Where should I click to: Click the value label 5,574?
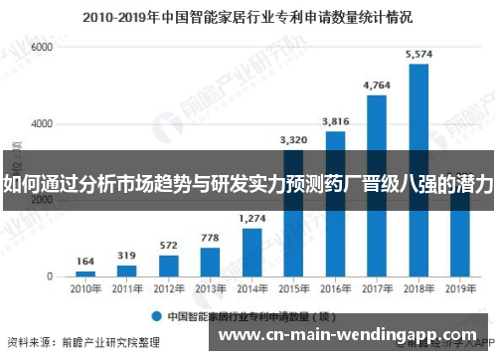click(418, 54)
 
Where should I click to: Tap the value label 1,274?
click(252, 218)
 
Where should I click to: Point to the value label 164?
click(85, 263)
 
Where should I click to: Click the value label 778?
click(210, 238)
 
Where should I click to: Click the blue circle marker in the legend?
click(156, 316)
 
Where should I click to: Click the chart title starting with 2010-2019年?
click(248, 16)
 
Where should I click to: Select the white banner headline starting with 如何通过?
click(248, 183)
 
